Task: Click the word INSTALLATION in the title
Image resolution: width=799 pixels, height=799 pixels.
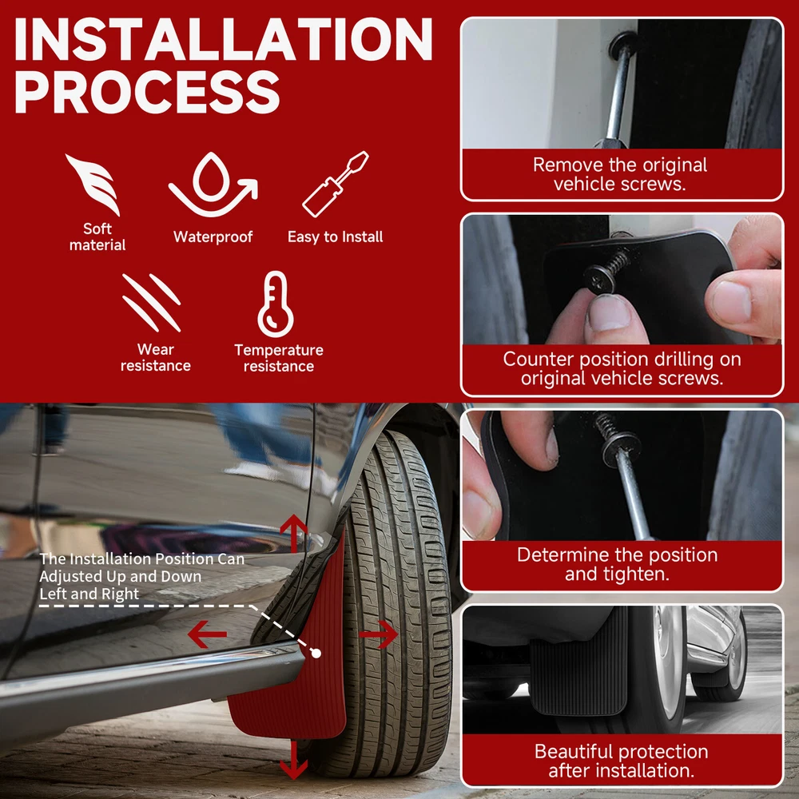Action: pos(223,39)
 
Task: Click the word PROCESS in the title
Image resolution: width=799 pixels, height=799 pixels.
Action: pos(147,92)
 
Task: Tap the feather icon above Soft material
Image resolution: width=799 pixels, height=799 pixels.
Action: pos(95,184)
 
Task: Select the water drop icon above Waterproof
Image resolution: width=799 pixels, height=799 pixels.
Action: pos(213,184)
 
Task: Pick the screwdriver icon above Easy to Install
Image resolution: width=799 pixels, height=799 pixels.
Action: pos(335,184)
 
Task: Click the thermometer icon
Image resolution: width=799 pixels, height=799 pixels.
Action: pos(275,304)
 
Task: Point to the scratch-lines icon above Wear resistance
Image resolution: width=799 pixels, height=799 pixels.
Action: pos(151,303)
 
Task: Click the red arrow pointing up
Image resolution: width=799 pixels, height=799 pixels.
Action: pos(294,532)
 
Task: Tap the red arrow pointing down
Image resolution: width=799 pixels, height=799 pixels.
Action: pos(294,760)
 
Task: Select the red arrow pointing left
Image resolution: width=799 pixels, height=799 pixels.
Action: pos(207,634)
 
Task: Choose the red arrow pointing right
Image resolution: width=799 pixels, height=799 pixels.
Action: pos(379,634)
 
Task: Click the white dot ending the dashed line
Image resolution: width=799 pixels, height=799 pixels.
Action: pos(316,654)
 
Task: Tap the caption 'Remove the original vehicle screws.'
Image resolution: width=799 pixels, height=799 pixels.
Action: pos(620,174)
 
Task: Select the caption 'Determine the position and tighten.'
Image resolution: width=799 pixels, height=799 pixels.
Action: pos(617,564)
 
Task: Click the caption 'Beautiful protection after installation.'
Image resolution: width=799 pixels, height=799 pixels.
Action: pos(621,761)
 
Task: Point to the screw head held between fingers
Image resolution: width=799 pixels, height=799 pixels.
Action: pos(600,278)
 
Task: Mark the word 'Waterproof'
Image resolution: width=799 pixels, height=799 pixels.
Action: pos(213,237)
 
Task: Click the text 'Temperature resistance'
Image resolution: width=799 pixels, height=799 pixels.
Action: pos(279,358)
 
